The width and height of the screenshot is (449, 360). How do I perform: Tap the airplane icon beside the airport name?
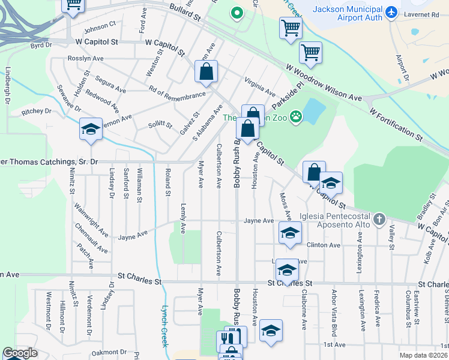pos(392,11)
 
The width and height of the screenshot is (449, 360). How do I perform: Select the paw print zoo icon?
pos(296,116)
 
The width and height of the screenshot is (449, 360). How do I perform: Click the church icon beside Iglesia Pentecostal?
pos(379,219)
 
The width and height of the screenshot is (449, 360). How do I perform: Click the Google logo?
pos(20,353)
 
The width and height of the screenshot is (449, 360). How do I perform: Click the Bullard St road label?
pos(184,16)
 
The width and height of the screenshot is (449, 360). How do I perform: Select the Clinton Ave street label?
pos(324,245)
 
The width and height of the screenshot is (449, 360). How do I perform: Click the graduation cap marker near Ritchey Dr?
pos(91,130)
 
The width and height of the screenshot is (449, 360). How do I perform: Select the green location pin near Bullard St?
pos(237,12)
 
